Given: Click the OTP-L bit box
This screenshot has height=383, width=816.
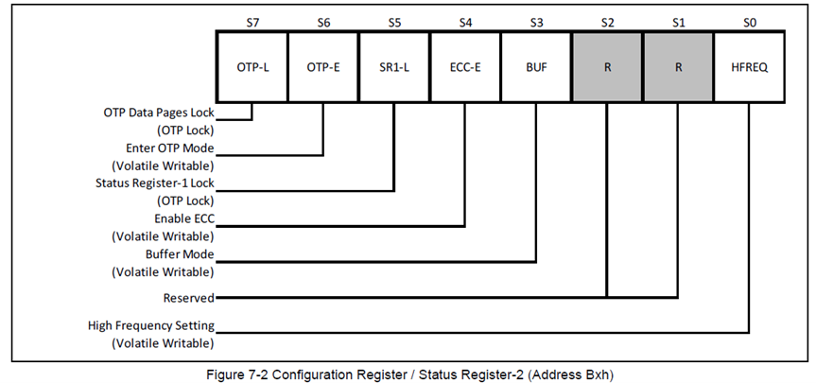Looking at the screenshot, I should click(x=252, y=68).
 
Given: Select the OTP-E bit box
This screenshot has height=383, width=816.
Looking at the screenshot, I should click(x=323, y=68).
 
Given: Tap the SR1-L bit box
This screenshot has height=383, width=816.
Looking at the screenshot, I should click(x=394, y=68).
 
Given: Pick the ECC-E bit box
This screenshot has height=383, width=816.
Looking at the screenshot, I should click(x=465, y=68).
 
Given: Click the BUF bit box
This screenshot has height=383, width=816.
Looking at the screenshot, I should click(x=536, y=68).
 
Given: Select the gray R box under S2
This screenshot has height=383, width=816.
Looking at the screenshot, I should click(x=607, y=68).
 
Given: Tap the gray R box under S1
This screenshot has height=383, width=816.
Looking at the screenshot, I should click(x=678, y=68).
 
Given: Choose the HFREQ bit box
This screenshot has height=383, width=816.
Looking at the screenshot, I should click(x=749, y=68).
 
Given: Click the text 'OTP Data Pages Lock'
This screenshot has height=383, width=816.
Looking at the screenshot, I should click(x=159, y=113).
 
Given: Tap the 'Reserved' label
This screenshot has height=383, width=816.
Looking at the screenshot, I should click(x=188, y=297).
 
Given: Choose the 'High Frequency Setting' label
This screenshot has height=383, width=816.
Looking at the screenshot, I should click(x=151, y=326).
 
